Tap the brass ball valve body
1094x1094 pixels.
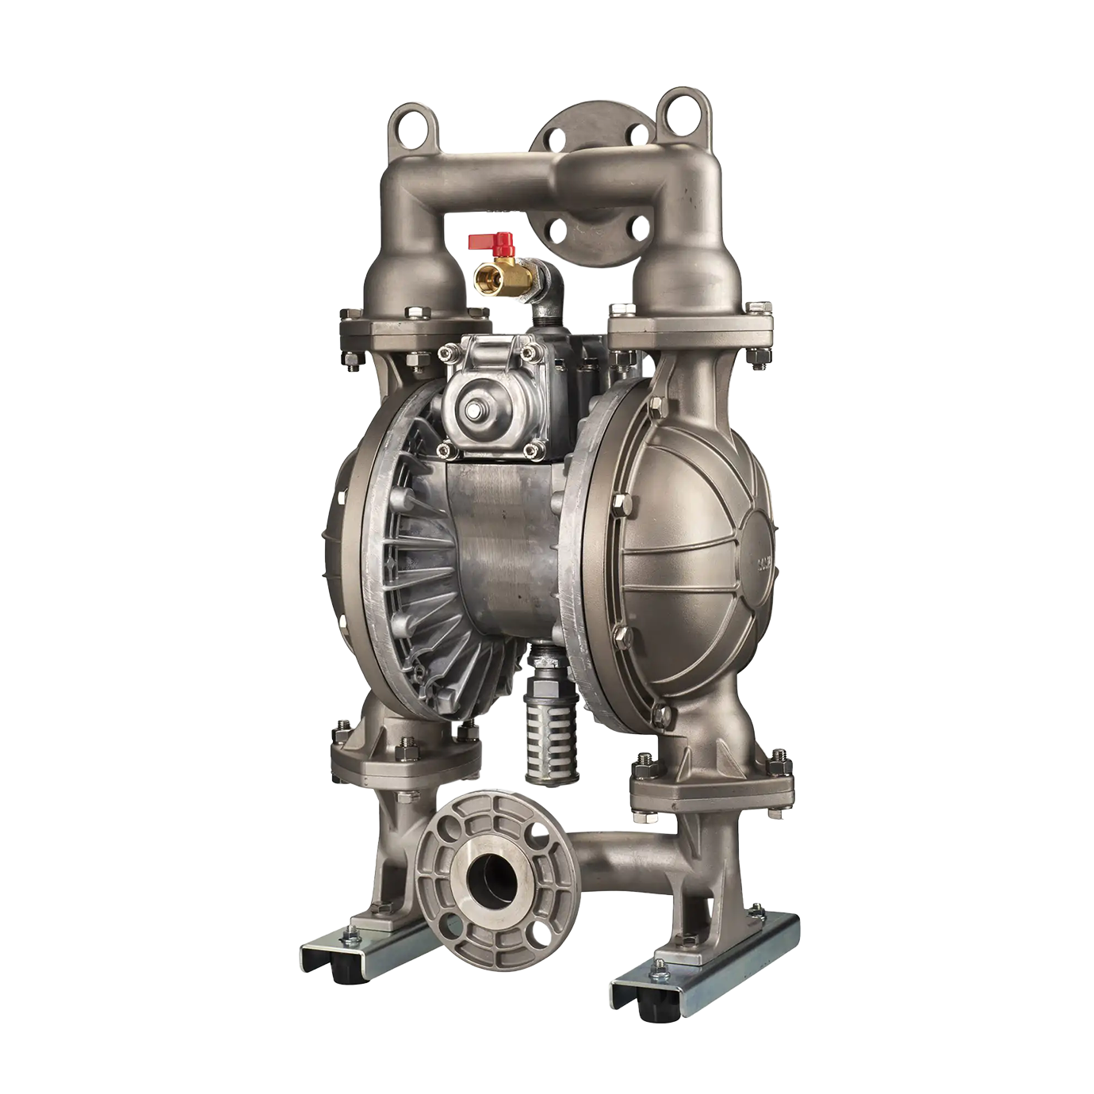click(507, 274)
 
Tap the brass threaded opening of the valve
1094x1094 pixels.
click(482, 277)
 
